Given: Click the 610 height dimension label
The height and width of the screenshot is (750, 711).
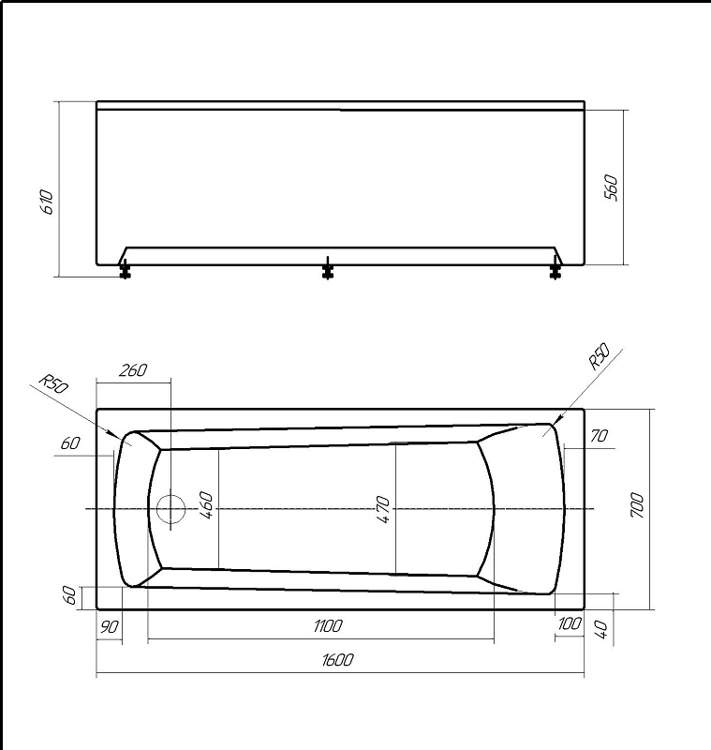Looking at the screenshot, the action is (x=48, y=202).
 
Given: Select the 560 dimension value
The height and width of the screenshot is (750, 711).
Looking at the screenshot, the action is (x=611, y=188).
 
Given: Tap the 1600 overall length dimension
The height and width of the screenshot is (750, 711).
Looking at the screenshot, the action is (x=338, y=660).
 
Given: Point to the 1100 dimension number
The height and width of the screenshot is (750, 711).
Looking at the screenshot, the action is (x=328, y=626).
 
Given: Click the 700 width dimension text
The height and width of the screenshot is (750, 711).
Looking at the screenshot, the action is (x=637, y=505).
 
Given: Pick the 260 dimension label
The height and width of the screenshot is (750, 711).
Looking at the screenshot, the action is (x=133, y=370).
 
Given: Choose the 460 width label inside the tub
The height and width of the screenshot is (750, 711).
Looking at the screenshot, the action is (x=206, y=505).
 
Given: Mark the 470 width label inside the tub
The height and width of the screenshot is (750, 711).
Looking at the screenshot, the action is (x=383, y=510).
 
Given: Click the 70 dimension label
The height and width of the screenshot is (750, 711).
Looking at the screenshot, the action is (x=600, y=436).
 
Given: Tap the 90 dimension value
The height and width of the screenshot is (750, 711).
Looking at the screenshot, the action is (x=110, y=626).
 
